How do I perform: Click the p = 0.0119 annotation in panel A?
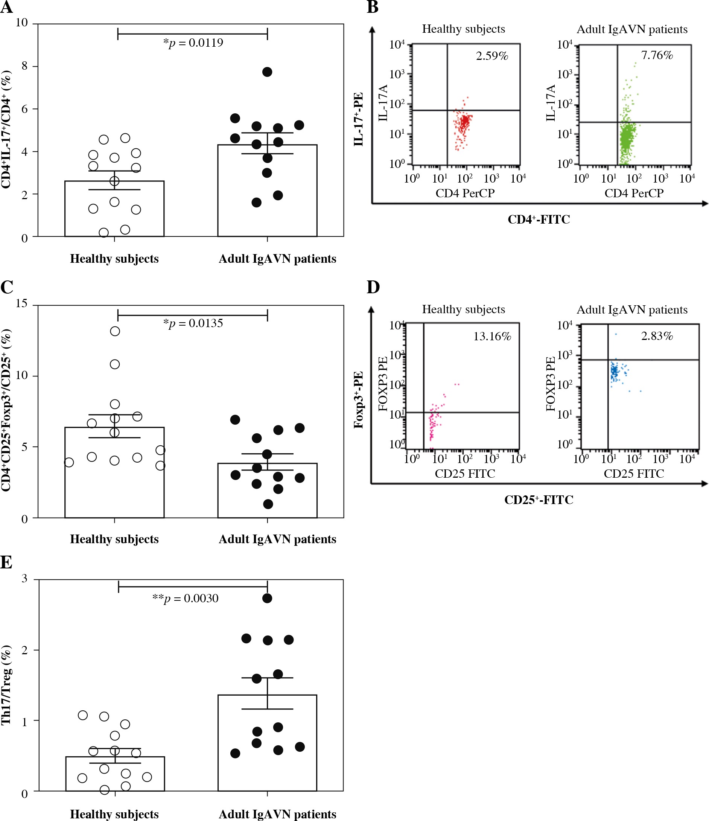[x=193, y=43]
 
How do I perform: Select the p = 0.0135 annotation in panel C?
[x=193, y=323]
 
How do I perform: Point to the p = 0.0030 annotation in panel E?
[x=186, y=598]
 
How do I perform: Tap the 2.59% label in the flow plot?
[x=492, y=56]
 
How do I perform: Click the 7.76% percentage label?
[x=657, y=55]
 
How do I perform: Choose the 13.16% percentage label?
[x=492, y=337]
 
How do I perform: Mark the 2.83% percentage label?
[x=657, y=336]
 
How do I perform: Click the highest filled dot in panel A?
[x=267, y=72]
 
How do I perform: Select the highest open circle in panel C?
[x=115, y=331]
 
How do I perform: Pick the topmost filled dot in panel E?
[x=267, y=598]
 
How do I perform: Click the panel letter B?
[x=372, y=7]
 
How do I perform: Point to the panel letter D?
[x=373, y=287]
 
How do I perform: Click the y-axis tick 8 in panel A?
[x=24, y=66]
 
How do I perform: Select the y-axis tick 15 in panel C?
[x=22, y=303]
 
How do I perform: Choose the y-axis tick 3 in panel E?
[x=24, y=579]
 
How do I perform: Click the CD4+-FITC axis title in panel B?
[x=539, y=219]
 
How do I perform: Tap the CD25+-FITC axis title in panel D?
[x=539, y=500]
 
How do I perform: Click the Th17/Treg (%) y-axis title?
[x=6, y=685]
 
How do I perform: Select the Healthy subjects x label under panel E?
[x=114, y=814]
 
